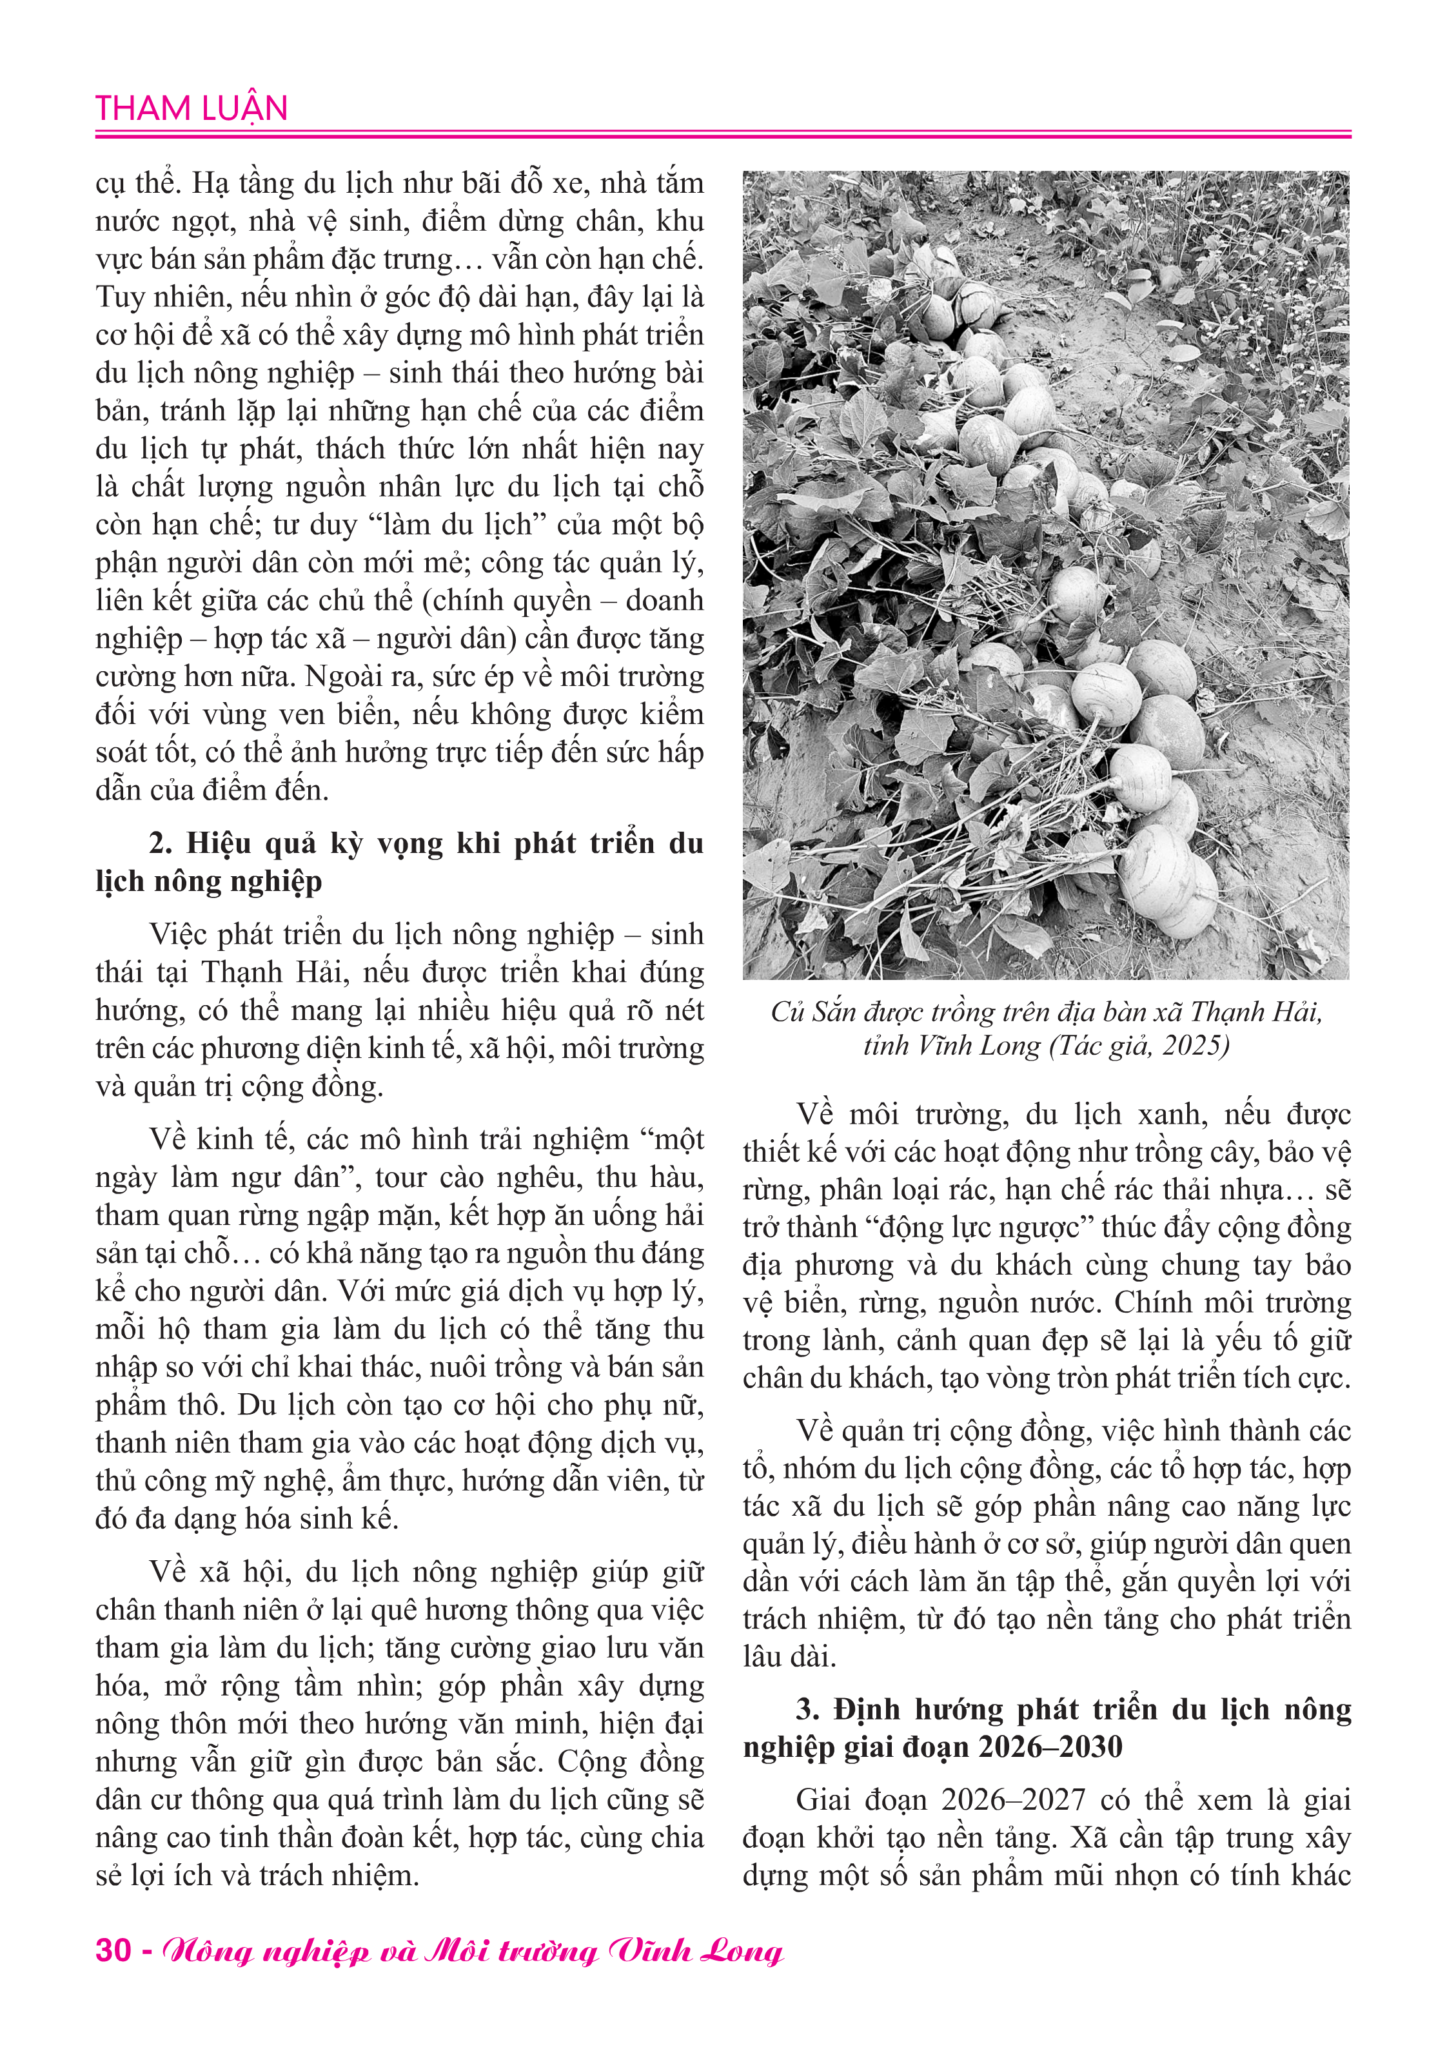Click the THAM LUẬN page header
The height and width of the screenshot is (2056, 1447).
tap(192, 108)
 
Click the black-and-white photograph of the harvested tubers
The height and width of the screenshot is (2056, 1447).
tap(1045, 575)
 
